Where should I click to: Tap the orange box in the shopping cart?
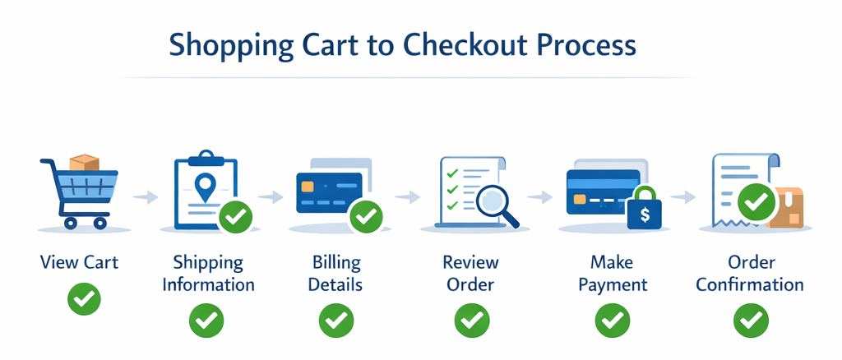point(85,163)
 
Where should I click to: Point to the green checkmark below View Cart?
point(85,298)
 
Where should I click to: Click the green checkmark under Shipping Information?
point(206,321)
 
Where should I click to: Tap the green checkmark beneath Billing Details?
point(336,321)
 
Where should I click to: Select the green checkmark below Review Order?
point(471,321)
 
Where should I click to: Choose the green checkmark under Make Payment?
point(612,321)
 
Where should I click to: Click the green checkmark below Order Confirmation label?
point(751,321)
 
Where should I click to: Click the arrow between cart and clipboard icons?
point(145,198)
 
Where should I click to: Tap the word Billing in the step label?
point(336,263)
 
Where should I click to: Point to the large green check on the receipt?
point(756,202)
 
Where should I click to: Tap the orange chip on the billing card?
point(308,187)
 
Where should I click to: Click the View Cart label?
point(79,263)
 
